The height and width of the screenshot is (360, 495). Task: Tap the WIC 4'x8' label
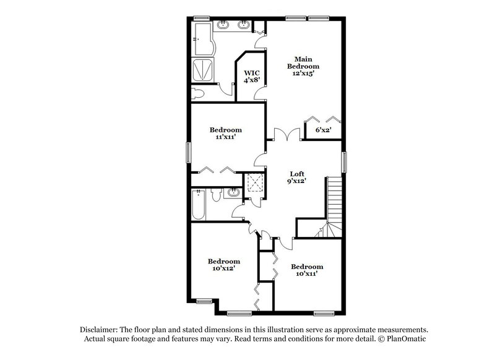click(252, 77)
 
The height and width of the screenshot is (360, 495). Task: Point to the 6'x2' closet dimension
click(323, 131)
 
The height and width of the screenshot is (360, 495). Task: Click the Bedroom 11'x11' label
click(225, 134)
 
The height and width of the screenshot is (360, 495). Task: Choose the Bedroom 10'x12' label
click(223, 265)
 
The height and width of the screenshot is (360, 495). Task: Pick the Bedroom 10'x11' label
click(307, 270)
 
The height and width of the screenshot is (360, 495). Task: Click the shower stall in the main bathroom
click(202, 71)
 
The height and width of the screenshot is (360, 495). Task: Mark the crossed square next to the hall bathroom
click(254, 183)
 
